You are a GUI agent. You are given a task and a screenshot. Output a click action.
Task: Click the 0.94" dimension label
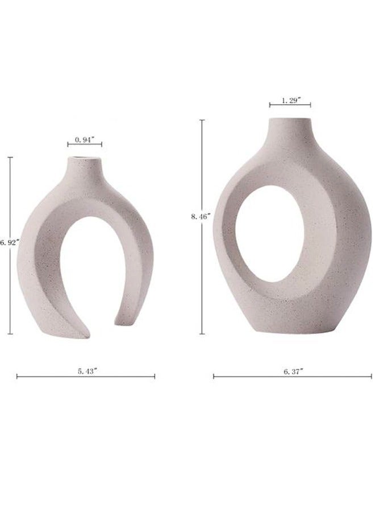click(x=85, y=139)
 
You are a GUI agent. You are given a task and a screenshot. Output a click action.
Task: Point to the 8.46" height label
click(x=201, y=216)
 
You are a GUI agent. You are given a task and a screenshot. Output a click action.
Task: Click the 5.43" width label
click(x=88, y=371)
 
